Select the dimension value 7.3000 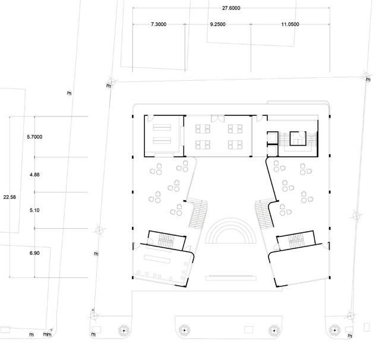159,24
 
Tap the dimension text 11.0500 289,24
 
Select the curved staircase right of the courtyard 263,214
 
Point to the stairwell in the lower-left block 165,241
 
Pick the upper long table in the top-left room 163,127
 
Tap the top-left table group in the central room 205,127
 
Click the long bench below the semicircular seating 231,277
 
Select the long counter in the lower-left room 156,260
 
